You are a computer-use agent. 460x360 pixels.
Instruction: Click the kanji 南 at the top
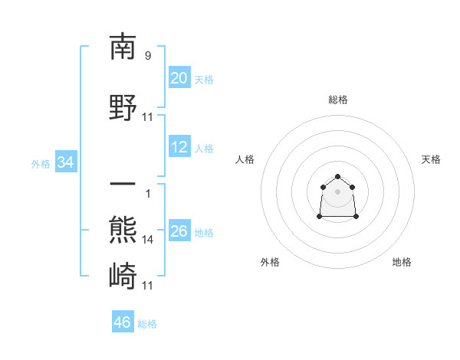[x=123, y=47]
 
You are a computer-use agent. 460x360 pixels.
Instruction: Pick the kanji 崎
[x=123, y=274]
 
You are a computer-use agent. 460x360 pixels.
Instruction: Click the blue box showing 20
[x=179, y=78]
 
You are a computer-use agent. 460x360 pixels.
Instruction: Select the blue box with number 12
[x=179, y=147]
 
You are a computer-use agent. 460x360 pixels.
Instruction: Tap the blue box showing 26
[x=179, y=231]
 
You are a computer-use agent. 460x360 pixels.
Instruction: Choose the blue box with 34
[x=65, y=162]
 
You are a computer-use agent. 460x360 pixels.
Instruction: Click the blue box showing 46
[x=122, y=322]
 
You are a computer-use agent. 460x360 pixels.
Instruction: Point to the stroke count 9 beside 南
[x=147, y=55]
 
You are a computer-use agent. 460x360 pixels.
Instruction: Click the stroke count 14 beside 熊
[x=148, y=239]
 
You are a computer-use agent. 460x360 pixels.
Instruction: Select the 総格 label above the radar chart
[x=338, y=100]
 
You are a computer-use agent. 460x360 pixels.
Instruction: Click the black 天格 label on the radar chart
[x=431, y=159]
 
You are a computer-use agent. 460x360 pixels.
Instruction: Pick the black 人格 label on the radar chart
[x=245, y=159]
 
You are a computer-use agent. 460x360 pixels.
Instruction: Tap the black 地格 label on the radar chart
[x=402, y=263]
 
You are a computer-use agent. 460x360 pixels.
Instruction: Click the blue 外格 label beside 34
[x=41, y=163]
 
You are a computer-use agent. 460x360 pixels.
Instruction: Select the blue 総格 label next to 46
[x=147, y=324]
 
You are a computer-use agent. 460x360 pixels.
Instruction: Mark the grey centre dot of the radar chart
[x=338, y=191]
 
